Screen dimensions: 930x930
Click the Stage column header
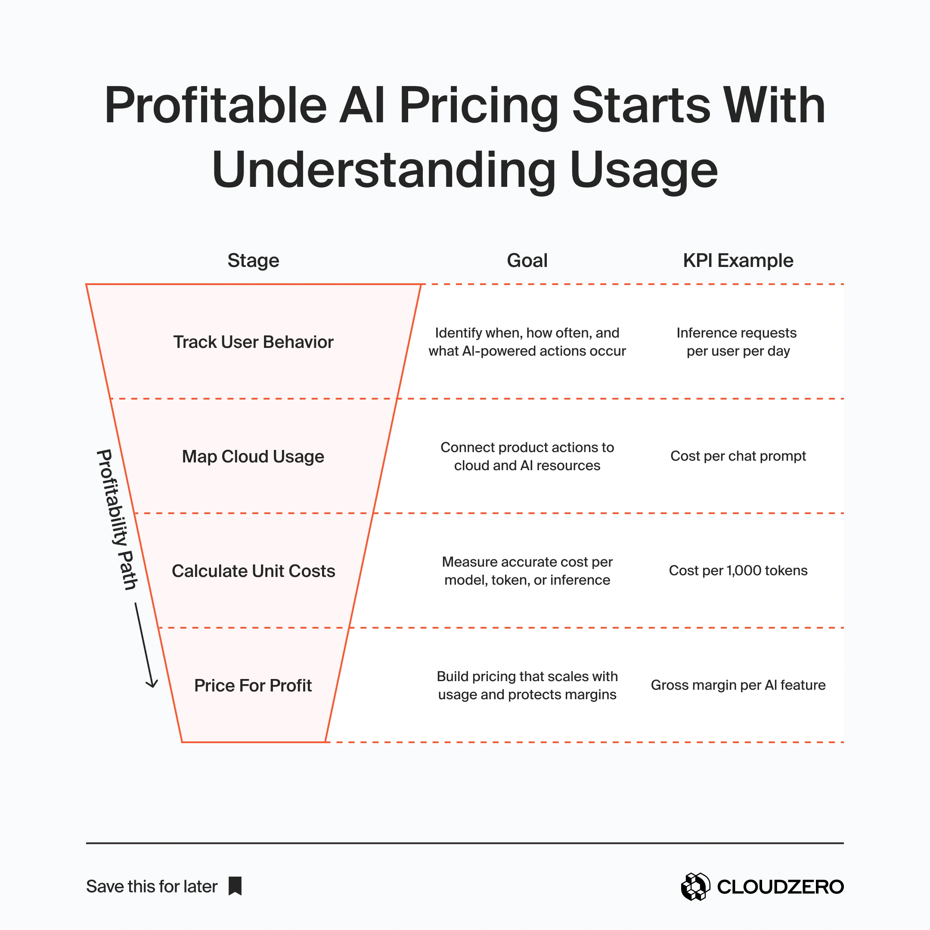[253, 260]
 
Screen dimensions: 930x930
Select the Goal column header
[527, 260]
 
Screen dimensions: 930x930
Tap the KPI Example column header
[738, 260]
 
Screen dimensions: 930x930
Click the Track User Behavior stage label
[253, 342]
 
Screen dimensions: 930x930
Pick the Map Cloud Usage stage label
[253, 456]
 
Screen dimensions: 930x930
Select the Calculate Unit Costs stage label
[253, 571]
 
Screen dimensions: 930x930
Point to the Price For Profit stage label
[253, 685]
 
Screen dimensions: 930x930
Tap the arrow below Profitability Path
[144, 645]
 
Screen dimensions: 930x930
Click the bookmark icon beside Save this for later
[235, 886]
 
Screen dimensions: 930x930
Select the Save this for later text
[152, 887]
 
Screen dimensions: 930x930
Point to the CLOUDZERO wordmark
[780, 887]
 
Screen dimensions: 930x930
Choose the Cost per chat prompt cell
[738, 456]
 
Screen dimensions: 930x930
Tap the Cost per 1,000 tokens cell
[738, 570]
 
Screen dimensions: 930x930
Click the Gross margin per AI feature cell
[738, 685]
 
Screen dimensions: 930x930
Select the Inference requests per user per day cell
[738, 342]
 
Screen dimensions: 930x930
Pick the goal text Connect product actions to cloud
[527, 456]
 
